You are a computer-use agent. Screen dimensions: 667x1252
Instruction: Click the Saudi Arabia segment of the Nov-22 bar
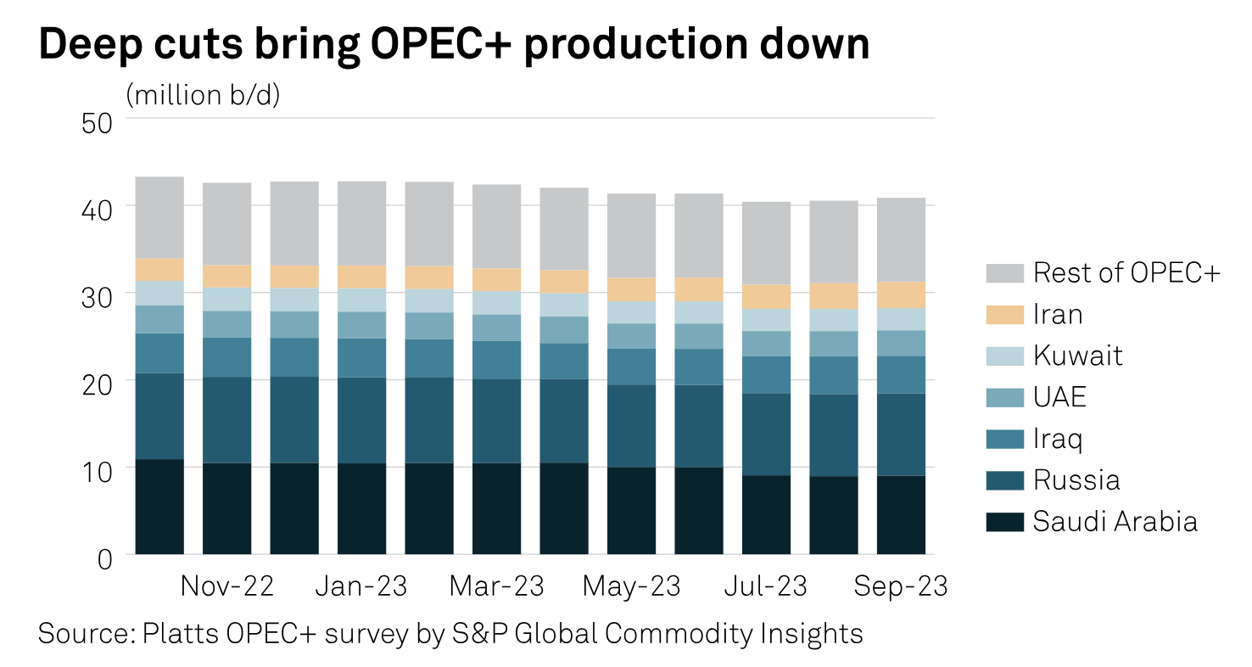tap(226, 508)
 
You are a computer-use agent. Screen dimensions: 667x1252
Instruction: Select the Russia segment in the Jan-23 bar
tap(361, 420)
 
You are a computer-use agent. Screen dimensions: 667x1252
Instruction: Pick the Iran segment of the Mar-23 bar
tap(496, 280)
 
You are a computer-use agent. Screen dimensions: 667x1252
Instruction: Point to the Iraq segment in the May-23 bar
tap(631, 367)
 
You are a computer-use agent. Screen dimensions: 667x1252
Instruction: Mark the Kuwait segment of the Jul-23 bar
tap(766, 319)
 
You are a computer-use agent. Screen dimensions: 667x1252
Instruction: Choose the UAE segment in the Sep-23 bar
tap(901, 343)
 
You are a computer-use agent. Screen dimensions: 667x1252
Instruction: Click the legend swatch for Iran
tap(1005, 315)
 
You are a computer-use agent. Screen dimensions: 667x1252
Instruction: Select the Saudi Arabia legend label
tap(1115, 521)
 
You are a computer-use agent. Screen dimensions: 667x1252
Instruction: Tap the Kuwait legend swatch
tap(1005, 356)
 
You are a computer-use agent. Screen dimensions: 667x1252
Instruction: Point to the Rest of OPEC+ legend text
tap(1126, 273)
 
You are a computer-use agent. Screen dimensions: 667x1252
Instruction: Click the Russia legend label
tap(1076, 480)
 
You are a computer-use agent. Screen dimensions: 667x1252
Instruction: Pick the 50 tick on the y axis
tap(97, 121)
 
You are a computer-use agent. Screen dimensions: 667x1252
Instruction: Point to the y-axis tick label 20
tap(97, 383)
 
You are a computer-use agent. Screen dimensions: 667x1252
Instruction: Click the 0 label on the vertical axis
tap(105, 558)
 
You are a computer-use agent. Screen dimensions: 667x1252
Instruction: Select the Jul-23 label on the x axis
tap(766, 586)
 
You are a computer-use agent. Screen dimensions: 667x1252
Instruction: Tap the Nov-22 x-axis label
tap(226, 586)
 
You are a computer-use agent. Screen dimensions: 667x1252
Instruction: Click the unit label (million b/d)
tap(203, 95)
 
